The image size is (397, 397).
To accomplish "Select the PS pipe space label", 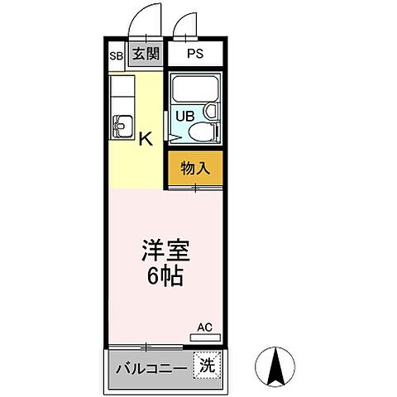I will click(194, 55).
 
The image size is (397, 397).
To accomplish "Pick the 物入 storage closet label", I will click(195, 168).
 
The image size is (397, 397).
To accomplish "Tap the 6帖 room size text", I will click(165, 276).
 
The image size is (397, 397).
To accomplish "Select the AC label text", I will click(204, 327).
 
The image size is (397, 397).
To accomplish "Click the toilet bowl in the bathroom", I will click(205, 132).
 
